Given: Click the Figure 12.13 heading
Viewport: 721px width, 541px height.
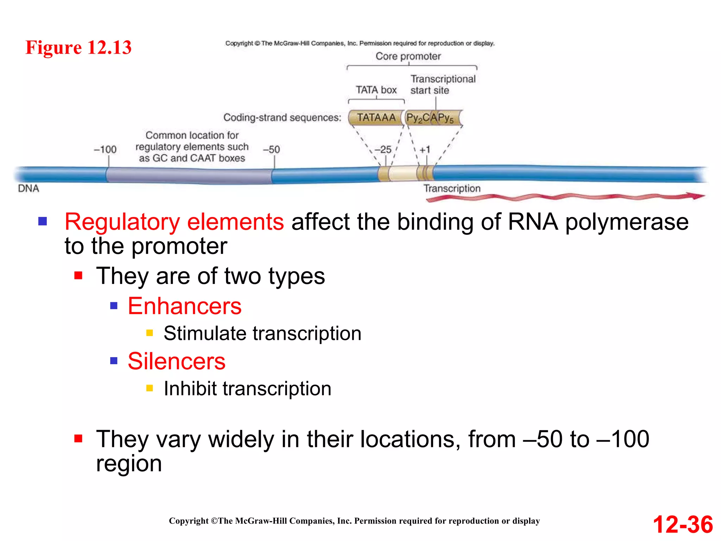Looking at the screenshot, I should pos(79,48).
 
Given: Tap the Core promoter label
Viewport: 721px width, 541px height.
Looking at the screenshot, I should pos(408,56).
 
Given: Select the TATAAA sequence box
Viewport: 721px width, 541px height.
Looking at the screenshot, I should pos(376,118).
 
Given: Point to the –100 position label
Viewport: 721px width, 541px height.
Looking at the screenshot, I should pos(105,149).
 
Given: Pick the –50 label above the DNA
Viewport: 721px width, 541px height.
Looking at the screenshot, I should pos(271,149).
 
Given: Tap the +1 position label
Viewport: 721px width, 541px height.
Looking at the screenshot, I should pos(425,149).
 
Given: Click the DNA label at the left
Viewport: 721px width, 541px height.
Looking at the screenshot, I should pos(29,188).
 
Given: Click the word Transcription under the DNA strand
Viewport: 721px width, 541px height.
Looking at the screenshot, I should pos(452,188).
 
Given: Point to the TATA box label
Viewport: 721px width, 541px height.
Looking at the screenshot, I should pos(376,90).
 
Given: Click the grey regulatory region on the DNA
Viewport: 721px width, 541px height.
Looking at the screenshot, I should pos(189,175).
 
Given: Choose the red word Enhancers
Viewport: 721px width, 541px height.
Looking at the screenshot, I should pos(184,306).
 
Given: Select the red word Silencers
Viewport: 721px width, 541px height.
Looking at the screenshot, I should pos(176,361).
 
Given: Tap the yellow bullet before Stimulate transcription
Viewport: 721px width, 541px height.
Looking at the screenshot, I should pos(150,333).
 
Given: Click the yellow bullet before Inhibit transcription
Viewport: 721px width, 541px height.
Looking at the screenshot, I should pos(150,388).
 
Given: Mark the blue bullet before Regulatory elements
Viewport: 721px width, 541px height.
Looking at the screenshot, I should pos(43,221).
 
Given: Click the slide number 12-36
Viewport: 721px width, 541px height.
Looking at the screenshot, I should pos(683,524).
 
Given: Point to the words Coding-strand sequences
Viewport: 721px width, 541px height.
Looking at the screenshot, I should pos(282,118).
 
